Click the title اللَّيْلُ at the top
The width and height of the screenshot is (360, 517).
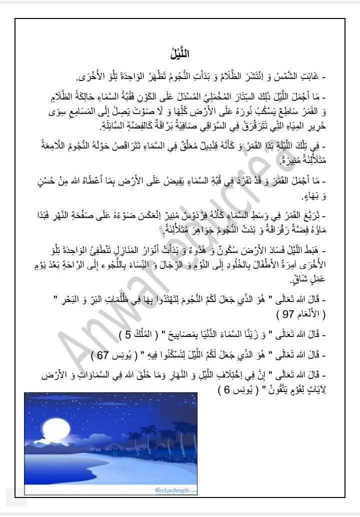pos(179,52)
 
